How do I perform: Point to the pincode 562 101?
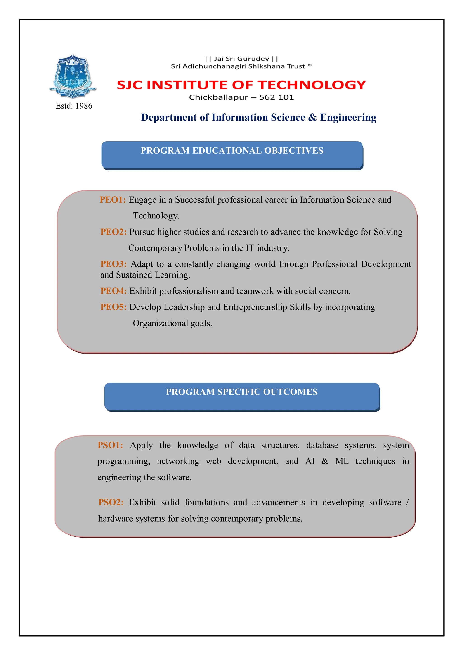click(276, 97)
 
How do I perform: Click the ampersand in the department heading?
click(312, 117)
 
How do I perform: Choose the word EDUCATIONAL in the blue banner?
click(227, 151)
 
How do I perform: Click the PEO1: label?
click(113, 200)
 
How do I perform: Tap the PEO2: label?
click(113, 232)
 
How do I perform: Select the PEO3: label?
click(113, 264)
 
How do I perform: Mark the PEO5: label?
click(113, 307)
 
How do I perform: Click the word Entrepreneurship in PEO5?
click(255, 307)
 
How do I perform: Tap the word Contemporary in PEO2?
click(155, 248)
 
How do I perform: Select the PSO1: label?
click(110, 445)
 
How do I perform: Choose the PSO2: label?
click(111, 502)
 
